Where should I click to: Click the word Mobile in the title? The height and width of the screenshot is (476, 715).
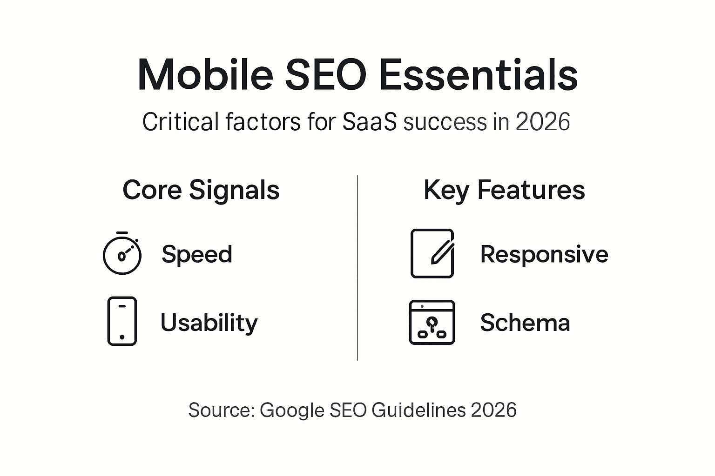(x=205, y=75)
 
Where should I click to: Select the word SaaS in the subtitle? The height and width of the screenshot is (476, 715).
(x=370, y=122)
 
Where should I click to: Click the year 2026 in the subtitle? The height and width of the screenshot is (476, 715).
(x=543, y=122)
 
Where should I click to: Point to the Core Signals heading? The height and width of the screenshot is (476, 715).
(x=201, y=190)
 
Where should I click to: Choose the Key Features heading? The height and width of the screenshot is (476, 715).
(x=504, y=190)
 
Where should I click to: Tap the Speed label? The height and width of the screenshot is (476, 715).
(x=197, y=254)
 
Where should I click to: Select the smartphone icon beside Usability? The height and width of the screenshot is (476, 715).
(x=122, y=321)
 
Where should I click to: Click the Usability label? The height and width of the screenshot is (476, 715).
(x=209, y=323)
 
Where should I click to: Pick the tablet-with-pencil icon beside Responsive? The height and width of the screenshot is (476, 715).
(x=432, y=253)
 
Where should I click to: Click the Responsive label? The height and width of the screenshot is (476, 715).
(x=544, y=254)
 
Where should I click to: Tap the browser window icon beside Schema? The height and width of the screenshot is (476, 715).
(x=432, y=322)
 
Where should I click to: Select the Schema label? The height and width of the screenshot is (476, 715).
(x=525, y=323)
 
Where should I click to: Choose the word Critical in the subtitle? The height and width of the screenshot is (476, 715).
(x=181, y=122)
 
